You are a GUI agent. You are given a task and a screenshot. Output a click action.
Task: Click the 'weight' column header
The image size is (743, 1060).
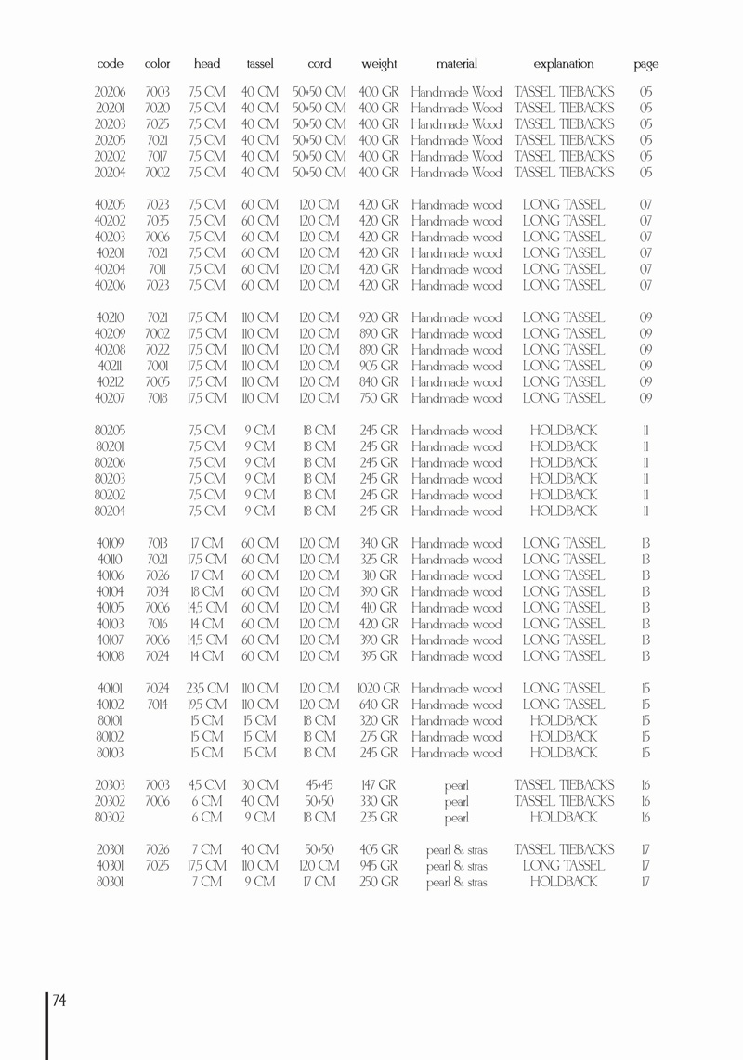click(x=379, y=64)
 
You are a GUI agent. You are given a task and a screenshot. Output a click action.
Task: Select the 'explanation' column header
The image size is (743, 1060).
click(x=564, y=64)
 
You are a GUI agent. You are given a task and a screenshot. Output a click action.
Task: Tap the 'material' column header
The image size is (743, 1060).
click(x=456, y=64)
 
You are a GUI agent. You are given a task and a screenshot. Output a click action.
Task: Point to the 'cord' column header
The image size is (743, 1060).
click(x=319, y=64)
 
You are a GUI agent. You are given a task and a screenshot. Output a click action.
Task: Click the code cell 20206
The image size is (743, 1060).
click(x=111, y=92)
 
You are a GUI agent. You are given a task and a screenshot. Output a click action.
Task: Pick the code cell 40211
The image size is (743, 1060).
click(x=111, y=366)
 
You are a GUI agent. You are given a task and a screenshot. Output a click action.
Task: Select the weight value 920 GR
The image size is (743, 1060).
click(x=379, y=317)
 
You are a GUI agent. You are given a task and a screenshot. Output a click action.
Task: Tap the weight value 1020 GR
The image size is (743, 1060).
click(x=379, y=689)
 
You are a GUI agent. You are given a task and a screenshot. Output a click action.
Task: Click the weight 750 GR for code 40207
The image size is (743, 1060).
click(x=379, y=398)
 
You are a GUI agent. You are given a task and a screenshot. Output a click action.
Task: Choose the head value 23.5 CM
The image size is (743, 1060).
click(x=207, y=689)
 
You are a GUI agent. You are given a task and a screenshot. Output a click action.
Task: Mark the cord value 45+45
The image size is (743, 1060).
click(x=319, y=785)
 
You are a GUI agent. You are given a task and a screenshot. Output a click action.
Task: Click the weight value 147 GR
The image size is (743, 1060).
click(x=379, y=785)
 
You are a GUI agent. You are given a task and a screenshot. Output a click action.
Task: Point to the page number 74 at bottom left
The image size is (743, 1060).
click(x=59, y=1001)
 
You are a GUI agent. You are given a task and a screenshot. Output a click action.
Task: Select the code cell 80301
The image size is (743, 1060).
click(x=111, y=882)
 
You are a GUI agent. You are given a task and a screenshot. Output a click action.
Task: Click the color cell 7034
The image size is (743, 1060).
click(x=158, y=592)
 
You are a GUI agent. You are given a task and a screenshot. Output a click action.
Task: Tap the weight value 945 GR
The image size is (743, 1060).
click(x=379, y=866)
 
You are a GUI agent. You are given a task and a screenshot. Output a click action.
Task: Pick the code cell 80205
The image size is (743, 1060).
click(x=111, y=431)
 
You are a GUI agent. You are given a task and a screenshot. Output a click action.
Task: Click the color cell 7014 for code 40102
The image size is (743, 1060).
click(x=158, y=705)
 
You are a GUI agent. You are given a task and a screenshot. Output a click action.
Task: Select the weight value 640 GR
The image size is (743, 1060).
click(x=379, y=705)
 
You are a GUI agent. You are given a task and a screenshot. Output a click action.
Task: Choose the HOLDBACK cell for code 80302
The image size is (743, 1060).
click(x=564, y=818)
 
